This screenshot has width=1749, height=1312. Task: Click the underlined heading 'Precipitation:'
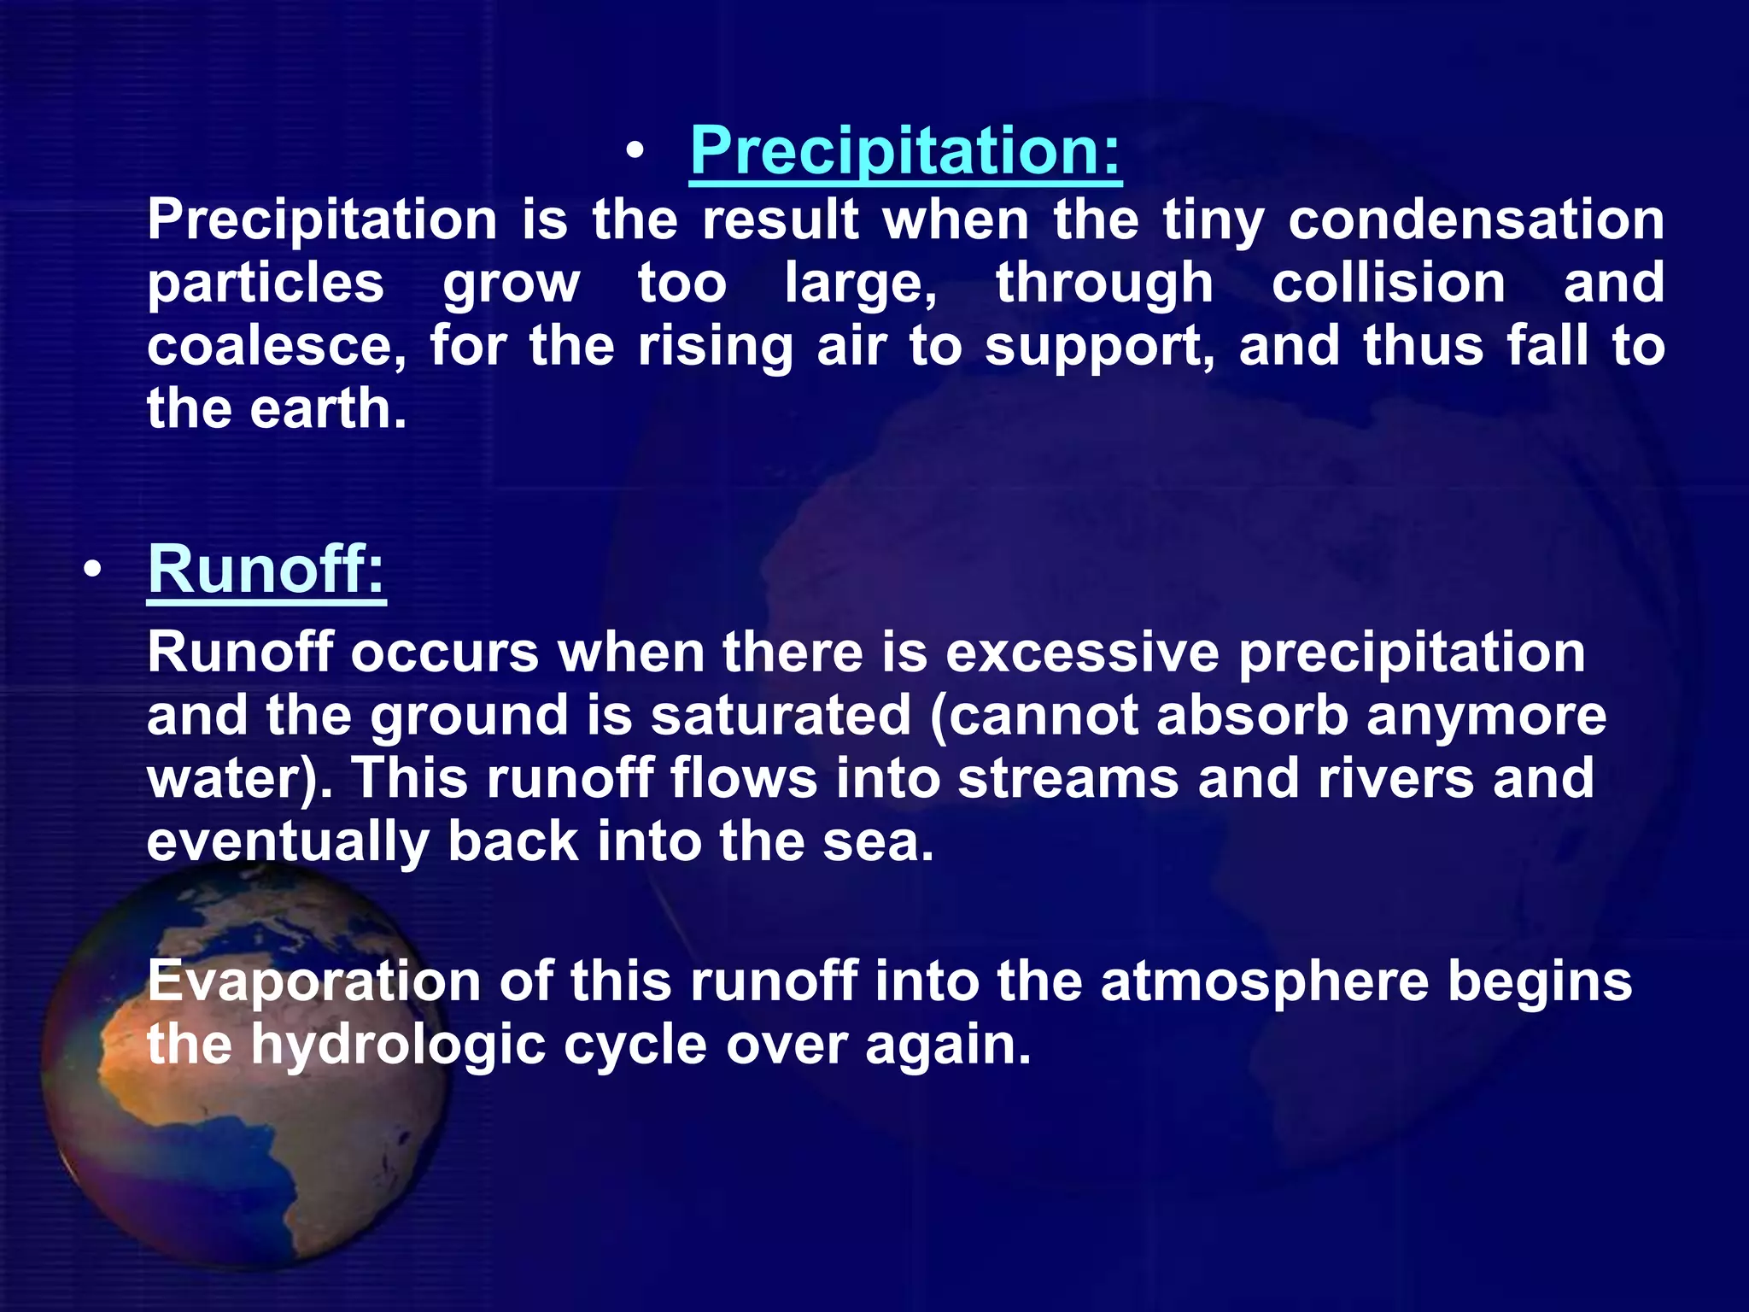pyautogui.click(x=904, y=150)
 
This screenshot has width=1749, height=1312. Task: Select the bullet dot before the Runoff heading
pyautogui.click(x=92, y=570)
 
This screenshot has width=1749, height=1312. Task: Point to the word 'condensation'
pyautogui.click(x=1476, y=220)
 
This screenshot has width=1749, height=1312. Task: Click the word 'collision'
pyautogui.click(x=1389, y=283)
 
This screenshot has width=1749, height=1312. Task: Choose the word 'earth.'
pyautogui.click(x=328, y=408)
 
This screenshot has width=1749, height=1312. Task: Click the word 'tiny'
pyautogui.click(x=1214, y=220)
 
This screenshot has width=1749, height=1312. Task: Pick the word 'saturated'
pyautogui.click(x=781, y=715)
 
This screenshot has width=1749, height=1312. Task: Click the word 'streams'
pyautogui.click(x=1068, y=778)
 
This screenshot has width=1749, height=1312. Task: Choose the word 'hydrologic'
pyautogui.click(x=398, y=1045)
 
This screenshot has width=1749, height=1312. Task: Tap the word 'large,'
pyautogui.click(x=861, y=284)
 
